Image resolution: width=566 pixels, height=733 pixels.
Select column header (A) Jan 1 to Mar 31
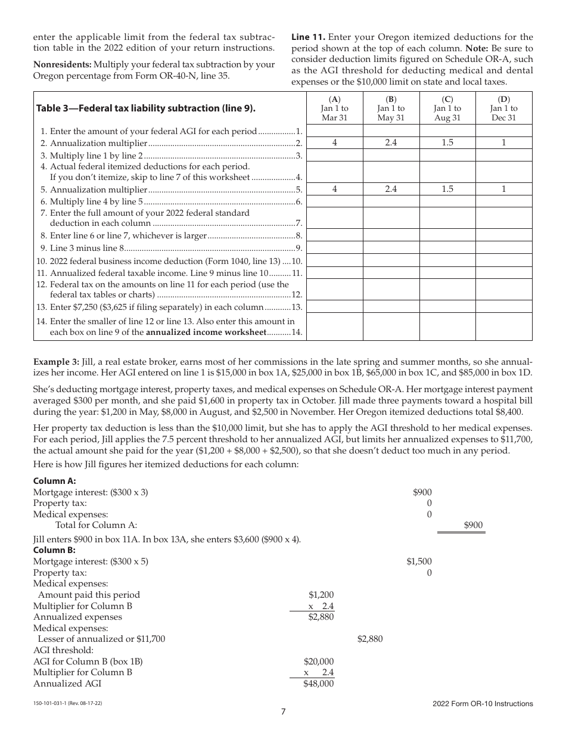[x=334, y=108]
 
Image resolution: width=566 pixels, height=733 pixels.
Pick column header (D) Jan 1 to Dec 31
[x=503, y=108]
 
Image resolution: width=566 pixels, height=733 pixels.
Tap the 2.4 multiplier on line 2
[x=391, y=143]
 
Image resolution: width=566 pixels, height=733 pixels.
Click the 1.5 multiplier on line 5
[x=447, y=189]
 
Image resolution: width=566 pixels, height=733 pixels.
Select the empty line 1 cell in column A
[x=334, y=131]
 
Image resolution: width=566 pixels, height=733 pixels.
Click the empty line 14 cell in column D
[x=503, y=327]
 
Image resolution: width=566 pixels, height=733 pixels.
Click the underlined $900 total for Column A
[x=474, y=525]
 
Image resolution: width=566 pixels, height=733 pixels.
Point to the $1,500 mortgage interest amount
[x=419, y=561]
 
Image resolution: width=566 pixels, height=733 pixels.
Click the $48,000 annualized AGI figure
[x=319, y=684]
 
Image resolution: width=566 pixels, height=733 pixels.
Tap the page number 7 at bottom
[x=284, y=712]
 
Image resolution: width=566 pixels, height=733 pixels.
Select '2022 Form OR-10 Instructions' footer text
[x=483, y=704]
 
